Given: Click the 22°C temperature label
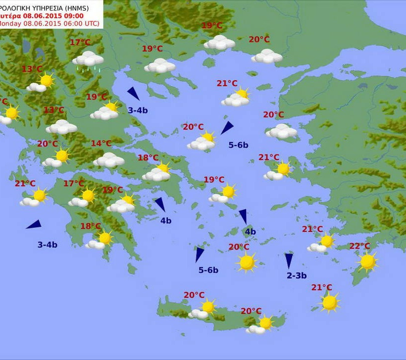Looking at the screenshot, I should pyautogui.click(x=359, y=246).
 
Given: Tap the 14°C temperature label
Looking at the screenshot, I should pyautogui.click(x=101, y=144).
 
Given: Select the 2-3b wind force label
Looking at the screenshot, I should pyautogui.click(x=297, y=276).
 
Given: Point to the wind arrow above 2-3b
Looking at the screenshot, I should pyautogui.click(x=289, y=260).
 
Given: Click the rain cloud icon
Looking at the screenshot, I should pyautogui.click(x=88, y=58).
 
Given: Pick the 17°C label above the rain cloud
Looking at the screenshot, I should pyautogui.click(x=80, y=43).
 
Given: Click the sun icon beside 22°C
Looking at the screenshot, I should pyautogui.click(x=367, y=261).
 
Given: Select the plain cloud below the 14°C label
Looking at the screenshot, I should pyautogui.click(x=108, y=160).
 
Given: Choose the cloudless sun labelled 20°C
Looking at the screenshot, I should pyautogui.click(x=247, y=261).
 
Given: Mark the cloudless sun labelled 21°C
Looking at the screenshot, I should pyautogui.click(x=329, y=302).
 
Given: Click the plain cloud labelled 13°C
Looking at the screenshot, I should pyautogui.click(x=61, y=127).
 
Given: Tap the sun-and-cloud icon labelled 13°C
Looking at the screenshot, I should pyautogui.click(x=42, y=83).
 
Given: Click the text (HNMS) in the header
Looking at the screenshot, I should pyautogui.click(x=87, y=7).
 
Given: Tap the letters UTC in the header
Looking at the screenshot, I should pyautogui.click(x=90, y=23).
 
